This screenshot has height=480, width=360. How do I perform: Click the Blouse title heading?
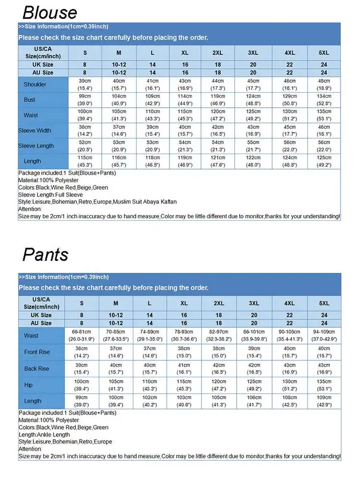tap(49, 12)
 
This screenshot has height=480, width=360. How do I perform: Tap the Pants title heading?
tap(45, 254)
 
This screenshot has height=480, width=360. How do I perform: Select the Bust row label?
tap(29, 100)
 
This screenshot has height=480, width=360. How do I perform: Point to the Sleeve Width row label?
tap(35, 131)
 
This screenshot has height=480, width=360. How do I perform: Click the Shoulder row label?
tap(35, 84)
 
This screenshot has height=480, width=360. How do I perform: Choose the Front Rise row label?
tap(37, 352)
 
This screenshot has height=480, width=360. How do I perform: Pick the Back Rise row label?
tap(37, 369)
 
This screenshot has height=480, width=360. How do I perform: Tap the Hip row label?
tap(29, 385)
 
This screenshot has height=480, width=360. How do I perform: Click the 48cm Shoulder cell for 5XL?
tap(324, 84)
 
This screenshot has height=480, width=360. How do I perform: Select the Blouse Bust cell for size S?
tap(85, 100)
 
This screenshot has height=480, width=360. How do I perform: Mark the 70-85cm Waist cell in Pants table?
tap(116, 336)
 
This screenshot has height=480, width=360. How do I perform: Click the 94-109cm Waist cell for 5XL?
tap(324, 336)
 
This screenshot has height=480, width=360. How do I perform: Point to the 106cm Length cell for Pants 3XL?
tap(254, 401)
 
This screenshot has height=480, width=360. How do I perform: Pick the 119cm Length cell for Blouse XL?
tap(185, 161)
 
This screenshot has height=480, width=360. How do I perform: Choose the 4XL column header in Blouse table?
tap(289, 53)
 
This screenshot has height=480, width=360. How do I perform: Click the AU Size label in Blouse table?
tap(42, 72)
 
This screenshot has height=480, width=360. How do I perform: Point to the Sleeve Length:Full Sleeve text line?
tap(50, 195)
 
